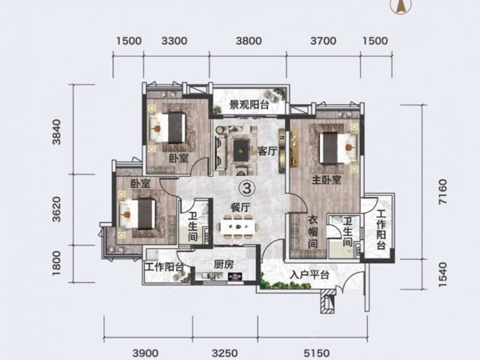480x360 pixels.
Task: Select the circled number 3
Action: pos(248,189)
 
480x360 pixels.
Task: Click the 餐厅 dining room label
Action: pos(241,206)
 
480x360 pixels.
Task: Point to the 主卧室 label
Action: pos(317,181)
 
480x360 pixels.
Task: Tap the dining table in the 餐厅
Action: pos(240,230)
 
